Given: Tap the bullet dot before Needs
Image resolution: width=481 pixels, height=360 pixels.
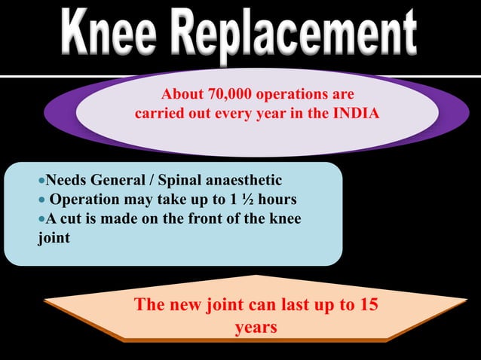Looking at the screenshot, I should (41, 181).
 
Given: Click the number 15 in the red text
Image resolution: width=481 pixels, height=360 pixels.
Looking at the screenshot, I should (368, 305).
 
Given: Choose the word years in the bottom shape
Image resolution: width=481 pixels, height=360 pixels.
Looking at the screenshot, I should (256, 328).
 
